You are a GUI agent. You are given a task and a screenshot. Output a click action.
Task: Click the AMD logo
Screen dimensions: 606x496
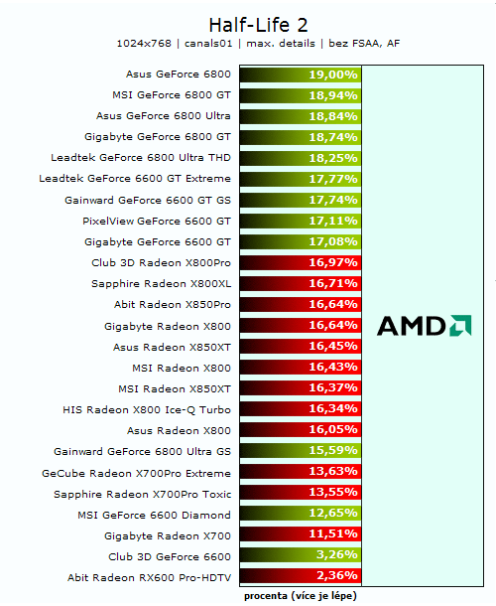click(424, 325)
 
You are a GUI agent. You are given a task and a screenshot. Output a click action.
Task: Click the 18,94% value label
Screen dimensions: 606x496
click(332, 95)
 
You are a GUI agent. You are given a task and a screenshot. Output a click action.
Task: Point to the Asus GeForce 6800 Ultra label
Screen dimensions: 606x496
click(165, 116)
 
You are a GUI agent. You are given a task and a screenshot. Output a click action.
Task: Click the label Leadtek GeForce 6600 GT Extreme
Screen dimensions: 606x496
click(135, 179)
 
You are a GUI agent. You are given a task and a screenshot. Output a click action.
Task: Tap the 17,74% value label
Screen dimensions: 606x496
click(332, 200)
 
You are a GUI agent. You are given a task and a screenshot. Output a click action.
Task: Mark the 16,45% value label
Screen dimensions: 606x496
click(332, 346)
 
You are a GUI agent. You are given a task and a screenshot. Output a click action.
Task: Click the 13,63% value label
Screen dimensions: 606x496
click(332, 472)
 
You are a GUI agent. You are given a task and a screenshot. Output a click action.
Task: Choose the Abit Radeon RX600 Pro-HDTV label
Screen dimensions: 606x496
click(149, 577)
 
